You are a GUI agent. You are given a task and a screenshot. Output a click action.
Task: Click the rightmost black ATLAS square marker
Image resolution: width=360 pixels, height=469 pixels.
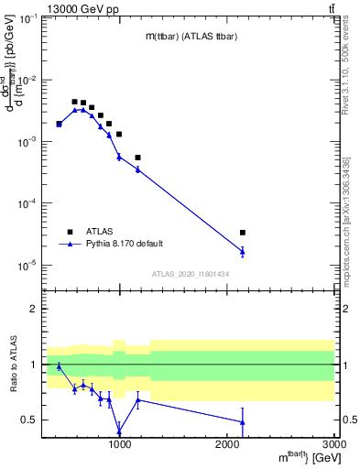(243, 233)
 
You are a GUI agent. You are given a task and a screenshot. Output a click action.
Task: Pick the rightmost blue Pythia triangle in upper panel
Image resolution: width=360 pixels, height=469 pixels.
(243, 251)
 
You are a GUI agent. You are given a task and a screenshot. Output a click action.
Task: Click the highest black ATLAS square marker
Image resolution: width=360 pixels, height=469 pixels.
(75, 102)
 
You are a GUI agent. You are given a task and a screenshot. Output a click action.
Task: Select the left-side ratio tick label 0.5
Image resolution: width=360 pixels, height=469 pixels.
(28, 420)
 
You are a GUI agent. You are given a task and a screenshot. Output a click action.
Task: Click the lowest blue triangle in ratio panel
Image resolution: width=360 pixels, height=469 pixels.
(119, 431)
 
